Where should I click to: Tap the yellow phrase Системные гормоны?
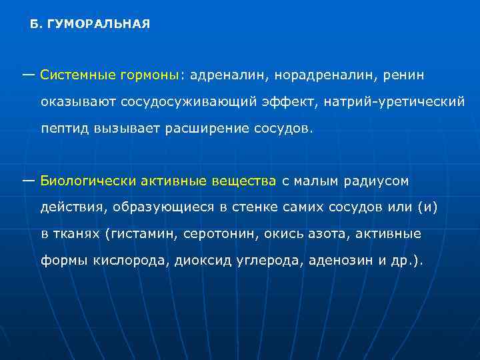point(109,75)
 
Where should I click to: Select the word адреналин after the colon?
point(227,75)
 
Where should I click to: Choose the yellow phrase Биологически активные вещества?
point(158,181)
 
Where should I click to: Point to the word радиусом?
point(375,181)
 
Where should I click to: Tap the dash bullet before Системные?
point(29,73)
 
